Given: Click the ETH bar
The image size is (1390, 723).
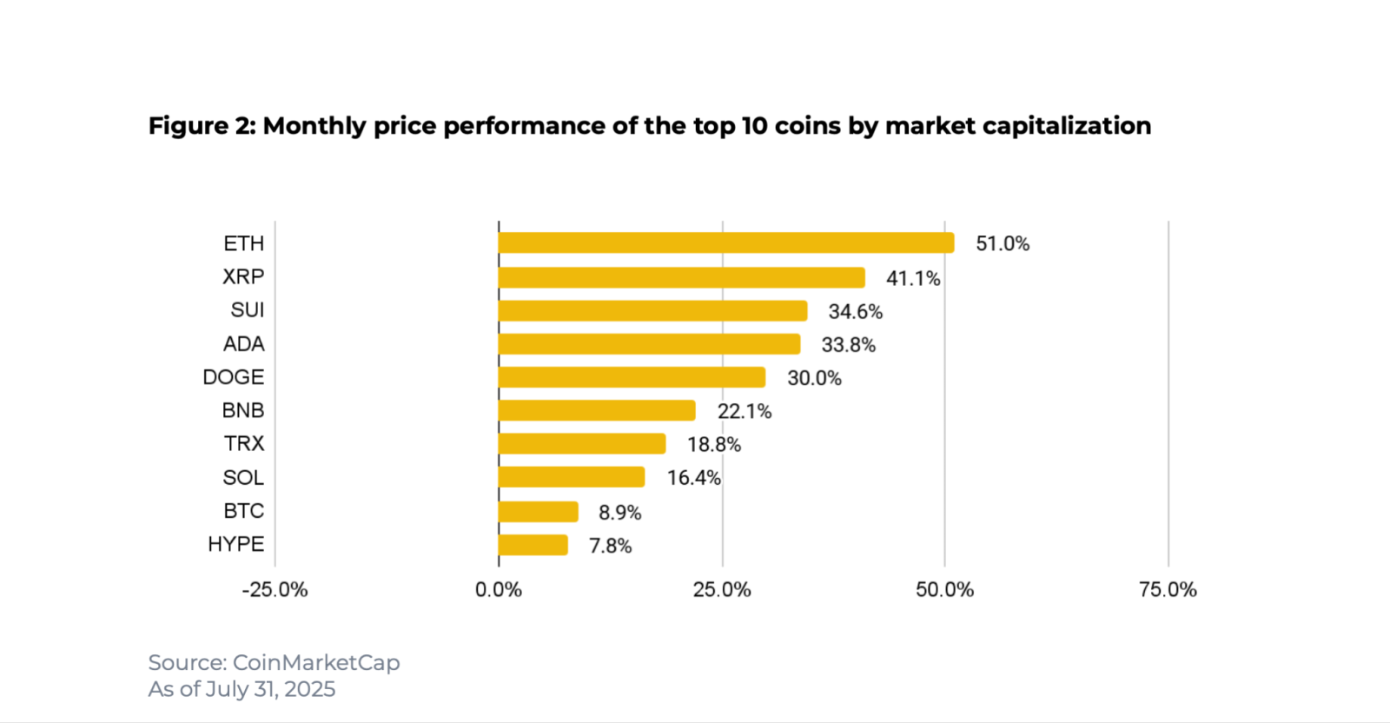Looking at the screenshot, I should [726, 243].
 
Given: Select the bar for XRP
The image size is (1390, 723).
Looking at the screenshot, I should [682, 277].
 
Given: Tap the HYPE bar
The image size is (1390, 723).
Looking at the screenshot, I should [533, 545].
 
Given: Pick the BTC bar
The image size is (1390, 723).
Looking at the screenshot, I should [539, 512].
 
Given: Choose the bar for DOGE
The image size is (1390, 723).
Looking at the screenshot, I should [632, 377].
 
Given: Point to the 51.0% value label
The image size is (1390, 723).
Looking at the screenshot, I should [1003, 244].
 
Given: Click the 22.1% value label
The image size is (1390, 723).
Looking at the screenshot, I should [745, 411].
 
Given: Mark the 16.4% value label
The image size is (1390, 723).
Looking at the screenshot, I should [694, 478].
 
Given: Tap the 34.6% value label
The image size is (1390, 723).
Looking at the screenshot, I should [856, 311].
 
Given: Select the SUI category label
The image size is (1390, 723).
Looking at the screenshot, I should [248, 310].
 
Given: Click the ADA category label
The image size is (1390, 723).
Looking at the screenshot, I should [244, 344].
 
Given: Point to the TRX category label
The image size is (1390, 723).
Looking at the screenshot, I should [244, 444].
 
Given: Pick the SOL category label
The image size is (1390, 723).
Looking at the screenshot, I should [243, 478].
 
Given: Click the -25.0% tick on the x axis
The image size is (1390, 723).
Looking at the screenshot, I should [275, 590].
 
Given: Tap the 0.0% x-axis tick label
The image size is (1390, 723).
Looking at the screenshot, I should [499, 590].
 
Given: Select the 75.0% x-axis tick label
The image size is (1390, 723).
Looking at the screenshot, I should [1168, 590].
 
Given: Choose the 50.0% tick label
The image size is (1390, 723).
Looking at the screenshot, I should [944, 590].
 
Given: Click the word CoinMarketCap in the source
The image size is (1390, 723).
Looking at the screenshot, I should [316, 662].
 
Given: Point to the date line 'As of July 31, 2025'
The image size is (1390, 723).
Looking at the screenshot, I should [242, 689].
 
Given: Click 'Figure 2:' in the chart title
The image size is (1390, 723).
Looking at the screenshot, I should [202, 126].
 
